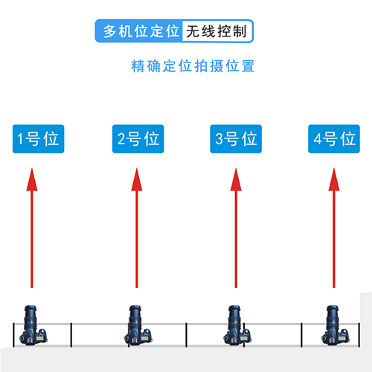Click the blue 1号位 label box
point(39,139)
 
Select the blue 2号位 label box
point(138,139)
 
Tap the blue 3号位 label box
point(236,139)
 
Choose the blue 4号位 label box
point(334,139)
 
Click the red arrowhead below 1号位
point(32,179)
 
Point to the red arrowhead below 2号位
point(137,179)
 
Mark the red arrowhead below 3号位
point(236,179)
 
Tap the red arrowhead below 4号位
point(334,179)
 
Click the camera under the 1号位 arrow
point(33,325)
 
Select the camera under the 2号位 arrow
point(138,325)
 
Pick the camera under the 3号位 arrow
point(237,325)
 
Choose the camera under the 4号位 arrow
point(336,325)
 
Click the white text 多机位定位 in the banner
point(141,31)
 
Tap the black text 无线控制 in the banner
point(217,31)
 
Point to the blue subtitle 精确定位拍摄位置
point(193,66)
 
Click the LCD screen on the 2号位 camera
point(145,339)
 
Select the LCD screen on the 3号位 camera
point(244,339)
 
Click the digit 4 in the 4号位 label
point(318,139)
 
